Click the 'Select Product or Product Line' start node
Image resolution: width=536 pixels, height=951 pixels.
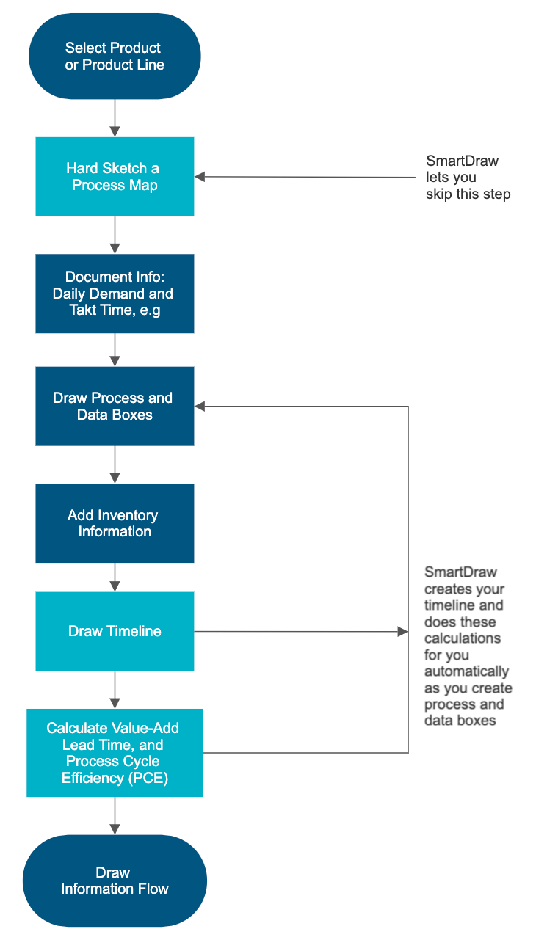115,57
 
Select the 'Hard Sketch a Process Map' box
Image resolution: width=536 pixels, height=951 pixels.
115,177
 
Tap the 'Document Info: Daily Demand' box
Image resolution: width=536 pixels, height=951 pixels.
115,294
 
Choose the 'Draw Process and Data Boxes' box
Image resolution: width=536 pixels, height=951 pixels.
115,407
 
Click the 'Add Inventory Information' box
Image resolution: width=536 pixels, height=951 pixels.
115,523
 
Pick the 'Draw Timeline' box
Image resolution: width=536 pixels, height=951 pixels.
115,631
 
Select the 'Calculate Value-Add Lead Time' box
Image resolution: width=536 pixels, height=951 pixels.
115,753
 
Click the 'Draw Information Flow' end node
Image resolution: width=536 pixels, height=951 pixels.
115,881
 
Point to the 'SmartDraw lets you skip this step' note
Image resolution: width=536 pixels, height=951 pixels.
467,178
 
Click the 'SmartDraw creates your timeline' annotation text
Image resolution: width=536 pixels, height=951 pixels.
468,646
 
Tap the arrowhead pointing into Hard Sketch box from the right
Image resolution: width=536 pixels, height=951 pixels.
200,177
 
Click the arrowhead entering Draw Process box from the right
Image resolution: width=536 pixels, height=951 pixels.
200,407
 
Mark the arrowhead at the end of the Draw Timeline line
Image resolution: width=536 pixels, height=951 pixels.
402,631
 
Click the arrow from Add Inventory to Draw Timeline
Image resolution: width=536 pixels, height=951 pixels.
115,577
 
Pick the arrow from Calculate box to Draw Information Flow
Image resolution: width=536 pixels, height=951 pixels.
115,815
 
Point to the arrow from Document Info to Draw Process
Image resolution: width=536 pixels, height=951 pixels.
115,350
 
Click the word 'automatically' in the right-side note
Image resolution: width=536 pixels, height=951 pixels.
466,671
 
